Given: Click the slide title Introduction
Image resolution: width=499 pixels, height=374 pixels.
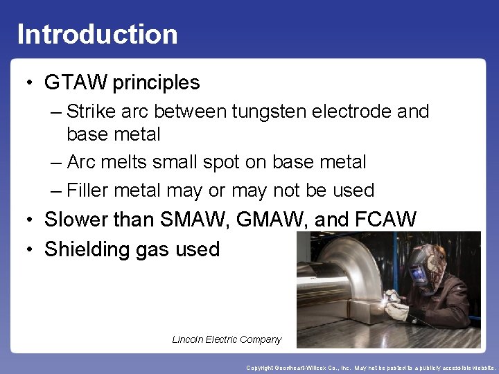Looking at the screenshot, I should click(97, 34).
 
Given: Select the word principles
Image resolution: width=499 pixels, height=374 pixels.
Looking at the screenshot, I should click(156, 83).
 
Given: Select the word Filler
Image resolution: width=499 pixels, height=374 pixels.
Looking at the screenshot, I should click(88, 190).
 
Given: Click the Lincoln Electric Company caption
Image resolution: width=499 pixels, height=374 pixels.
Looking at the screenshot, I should click(227, 339).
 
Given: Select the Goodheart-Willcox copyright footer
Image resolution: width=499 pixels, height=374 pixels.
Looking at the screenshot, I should click(371, 368).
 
